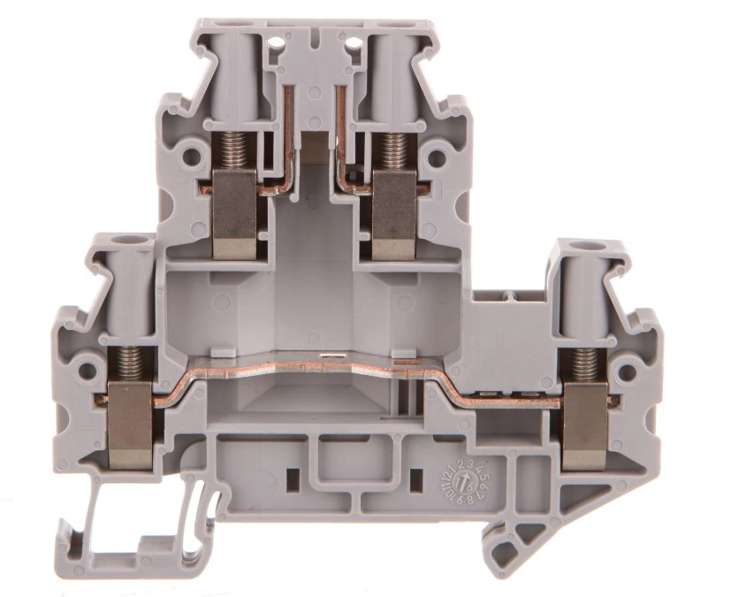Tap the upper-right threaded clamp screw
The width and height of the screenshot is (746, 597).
[x=393, y=149]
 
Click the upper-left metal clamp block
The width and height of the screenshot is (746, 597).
[x=235, y=213]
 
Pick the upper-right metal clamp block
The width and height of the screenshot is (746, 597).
[x=394, y=213]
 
